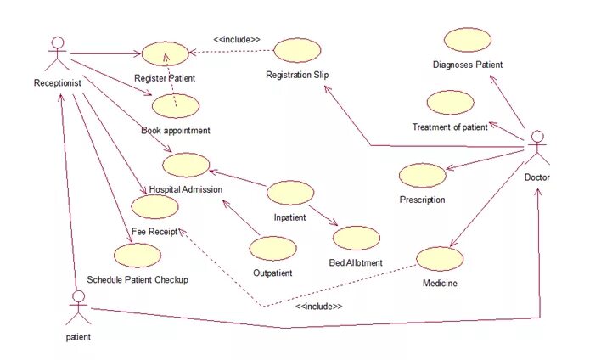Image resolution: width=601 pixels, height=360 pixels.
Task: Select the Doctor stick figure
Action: tap(536, 149)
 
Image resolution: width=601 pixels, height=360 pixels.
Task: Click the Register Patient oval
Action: tap(165, 54)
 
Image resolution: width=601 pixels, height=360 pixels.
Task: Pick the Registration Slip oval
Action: tap(297, 50)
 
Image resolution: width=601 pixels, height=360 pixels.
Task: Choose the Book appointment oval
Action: tap(176, 106)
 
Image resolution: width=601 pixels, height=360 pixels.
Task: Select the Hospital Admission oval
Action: tap(186, 165)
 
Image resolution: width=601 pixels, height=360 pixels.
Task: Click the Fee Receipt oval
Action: tap(155, 206)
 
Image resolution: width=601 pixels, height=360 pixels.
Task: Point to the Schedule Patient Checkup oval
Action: tap(138, 255)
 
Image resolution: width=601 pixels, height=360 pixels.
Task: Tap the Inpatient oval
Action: tap(289, 193)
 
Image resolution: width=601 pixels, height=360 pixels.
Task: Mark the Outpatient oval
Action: tap(273, 248)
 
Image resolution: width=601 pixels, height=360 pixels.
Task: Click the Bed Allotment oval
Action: tap(357, 238)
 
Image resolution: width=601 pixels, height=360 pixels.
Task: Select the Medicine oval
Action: tap(441, 259)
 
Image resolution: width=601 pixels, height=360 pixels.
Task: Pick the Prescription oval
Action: tap(422, 175)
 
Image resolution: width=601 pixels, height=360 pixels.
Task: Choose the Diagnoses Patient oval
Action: tap(467, 40)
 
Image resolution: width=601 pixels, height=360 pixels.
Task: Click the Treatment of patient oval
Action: tap(450, 103)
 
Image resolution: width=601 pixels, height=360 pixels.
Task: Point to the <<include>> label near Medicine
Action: tap(318, 306)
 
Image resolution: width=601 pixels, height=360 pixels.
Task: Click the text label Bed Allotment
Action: tap(356, 262)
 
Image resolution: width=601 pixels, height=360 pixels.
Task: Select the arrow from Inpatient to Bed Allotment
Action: tap(323, 216)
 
